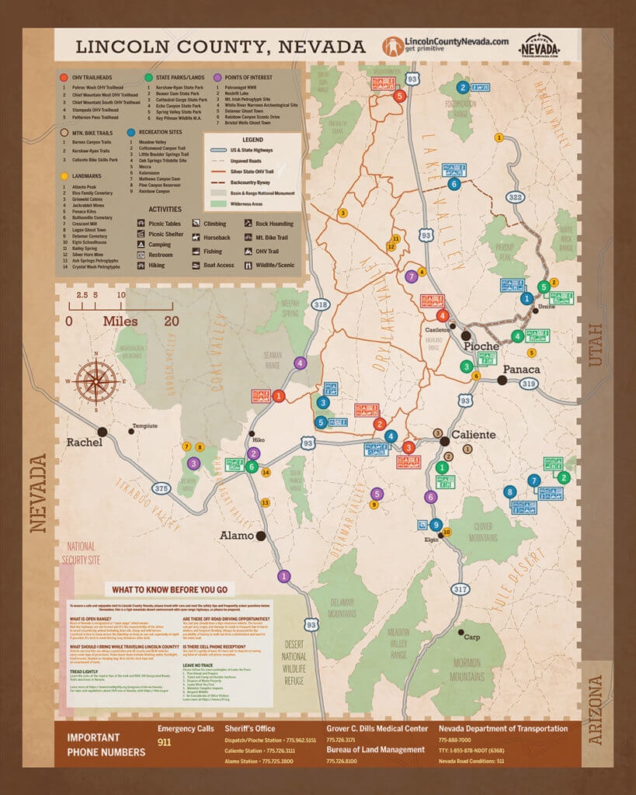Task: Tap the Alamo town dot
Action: [x=262, y=536]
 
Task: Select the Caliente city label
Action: [x=473, y=435]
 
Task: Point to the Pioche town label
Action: [x=481, y=346]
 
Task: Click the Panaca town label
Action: [x=521, y=369]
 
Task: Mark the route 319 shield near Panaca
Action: [x=529, y=384]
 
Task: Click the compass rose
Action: [x=96, y=381]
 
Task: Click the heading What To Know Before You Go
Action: [x=169, y=589]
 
